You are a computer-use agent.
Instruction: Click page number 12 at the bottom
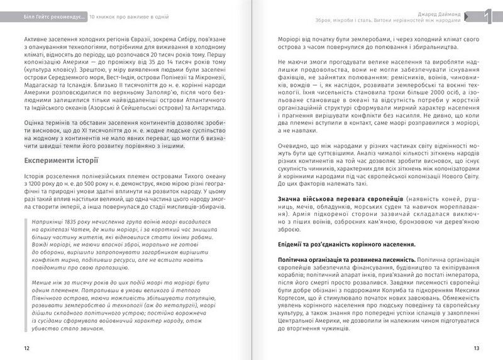[26, 347]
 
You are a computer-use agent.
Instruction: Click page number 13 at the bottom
[477, 347]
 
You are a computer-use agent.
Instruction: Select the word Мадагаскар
[44, 89]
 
